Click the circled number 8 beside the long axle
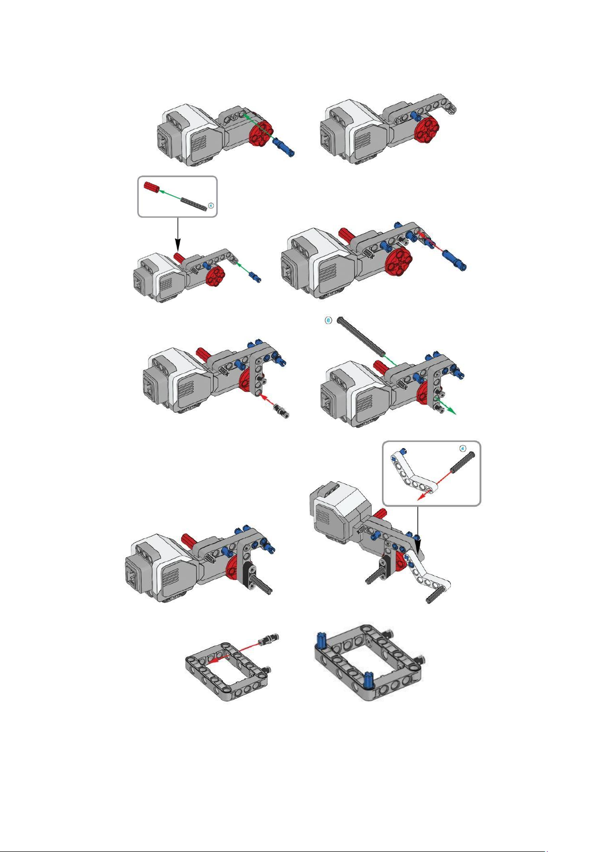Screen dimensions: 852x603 click(328, 320)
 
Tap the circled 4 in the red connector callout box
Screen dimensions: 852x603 click(211, 205)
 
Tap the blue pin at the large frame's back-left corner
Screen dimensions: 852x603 click(320, 640)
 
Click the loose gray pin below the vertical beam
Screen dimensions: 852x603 click(281, 411)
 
